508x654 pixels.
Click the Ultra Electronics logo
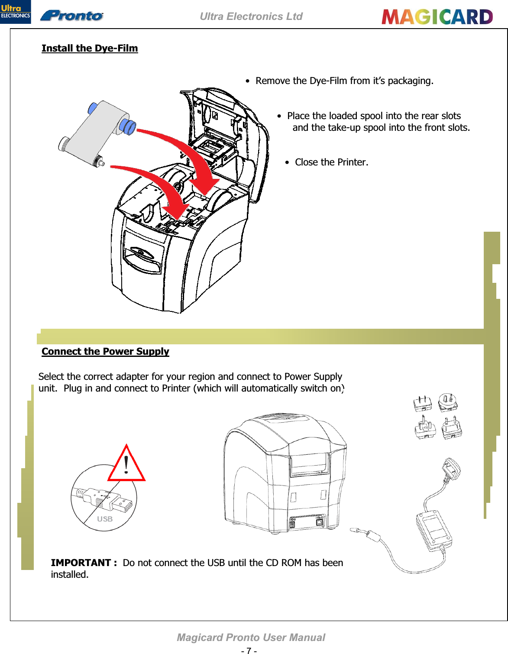pos(15,12)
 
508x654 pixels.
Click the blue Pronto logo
pos(72,16)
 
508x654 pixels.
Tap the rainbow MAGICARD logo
pos(437,17)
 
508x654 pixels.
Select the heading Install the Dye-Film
pos(90,48)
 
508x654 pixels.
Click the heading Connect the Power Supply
pos(105,351)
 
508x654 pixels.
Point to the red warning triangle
pos(126,465)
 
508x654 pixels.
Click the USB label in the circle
pos(105,519)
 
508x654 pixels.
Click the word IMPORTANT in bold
pos(81,563)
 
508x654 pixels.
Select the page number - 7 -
pos(249,650)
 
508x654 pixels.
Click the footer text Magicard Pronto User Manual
pos(251,638)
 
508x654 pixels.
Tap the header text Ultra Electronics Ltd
pos(251,16)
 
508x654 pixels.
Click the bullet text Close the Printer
pos(331,162)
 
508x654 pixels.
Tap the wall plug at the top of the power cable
pos(451,468)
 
